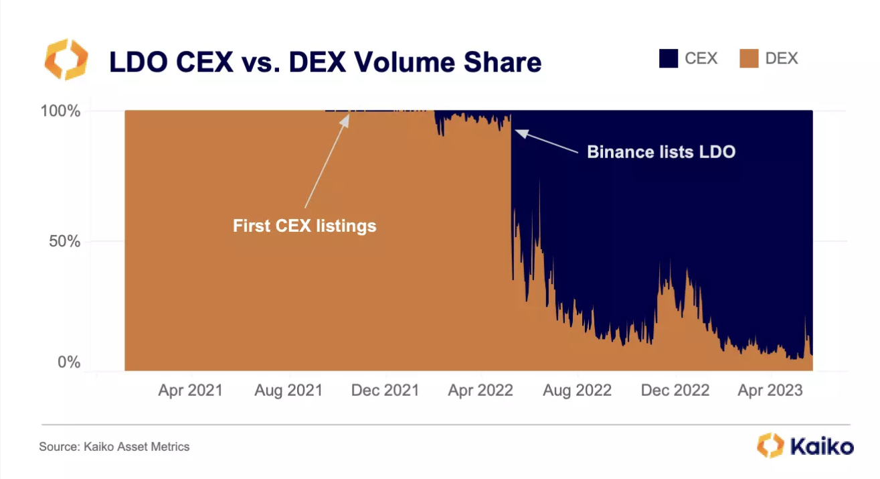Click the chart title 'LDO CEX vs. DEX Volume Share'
[x=325, y=62]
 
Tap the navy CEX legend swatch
[x=668, y=59]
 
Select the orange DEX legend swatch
[x=749, y=59]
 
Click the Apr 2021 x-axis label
[x=190, y=391]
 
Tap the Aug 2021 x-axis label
[x=288, y=391]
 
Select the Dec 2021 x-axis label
[x=385, y=391]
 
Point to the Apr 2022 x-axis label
[x=480, y=391]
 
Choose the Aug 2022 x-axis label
[x=578, y=391]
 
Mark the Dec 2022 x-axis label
[x=675, y=391]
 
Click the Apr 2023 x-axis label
[x=770, y=391]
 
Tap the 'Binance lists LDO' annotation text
[x=661, y=152]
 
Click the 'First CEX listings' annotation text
[x=304, y=226]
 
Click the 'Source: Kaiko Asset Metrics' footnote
[x=114, y=446]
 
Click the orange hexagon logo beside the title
[x=66, y=60]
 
